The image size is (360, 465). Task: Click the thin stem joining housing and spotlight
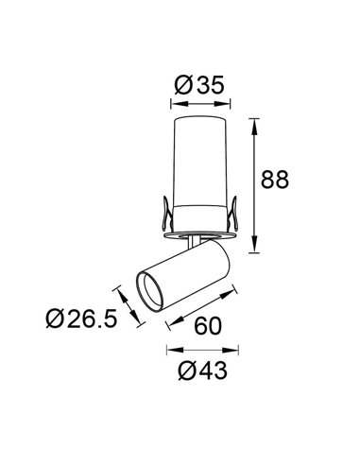coord(196,241)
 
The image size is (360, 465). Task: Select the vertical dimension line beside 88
coord(256,184)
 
